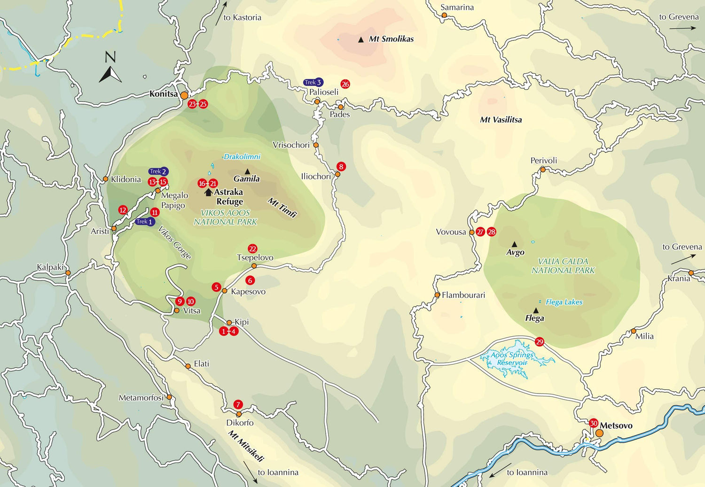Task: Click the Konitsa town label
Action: click(163, 94)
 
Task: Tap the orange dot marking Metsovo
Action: click(599, 433)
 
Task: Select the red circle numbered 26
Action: click(345, 85)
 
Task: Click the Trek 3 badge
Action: click(313, 83)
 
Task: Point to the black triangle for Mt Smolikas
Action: click(361, 40)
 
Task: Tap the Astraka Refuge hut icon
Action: click(208, 193)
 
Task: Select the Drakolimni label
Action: click(242, 156)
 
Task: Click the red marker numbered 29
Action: click(540, 342)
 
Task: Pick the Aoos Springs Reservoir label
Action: click(512, 359)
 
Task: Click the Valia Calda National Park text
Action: click(563, 266)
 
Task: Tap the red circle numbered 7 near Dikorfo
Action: click(238, 404)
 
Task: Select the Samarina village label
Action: click(457, 8)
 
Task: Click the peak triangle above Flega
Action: click(536, 310)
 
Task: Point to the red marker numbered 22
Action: click(252, 249)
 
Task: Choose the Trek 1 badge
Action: click(144, 222)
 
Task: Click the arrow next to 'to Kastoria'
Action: click(221, 13)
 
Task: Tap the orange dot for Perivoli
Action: click(543, 170)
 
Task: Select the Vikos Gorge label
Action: click(174, 243)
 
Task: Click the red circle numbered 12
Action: click(123, 210)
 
